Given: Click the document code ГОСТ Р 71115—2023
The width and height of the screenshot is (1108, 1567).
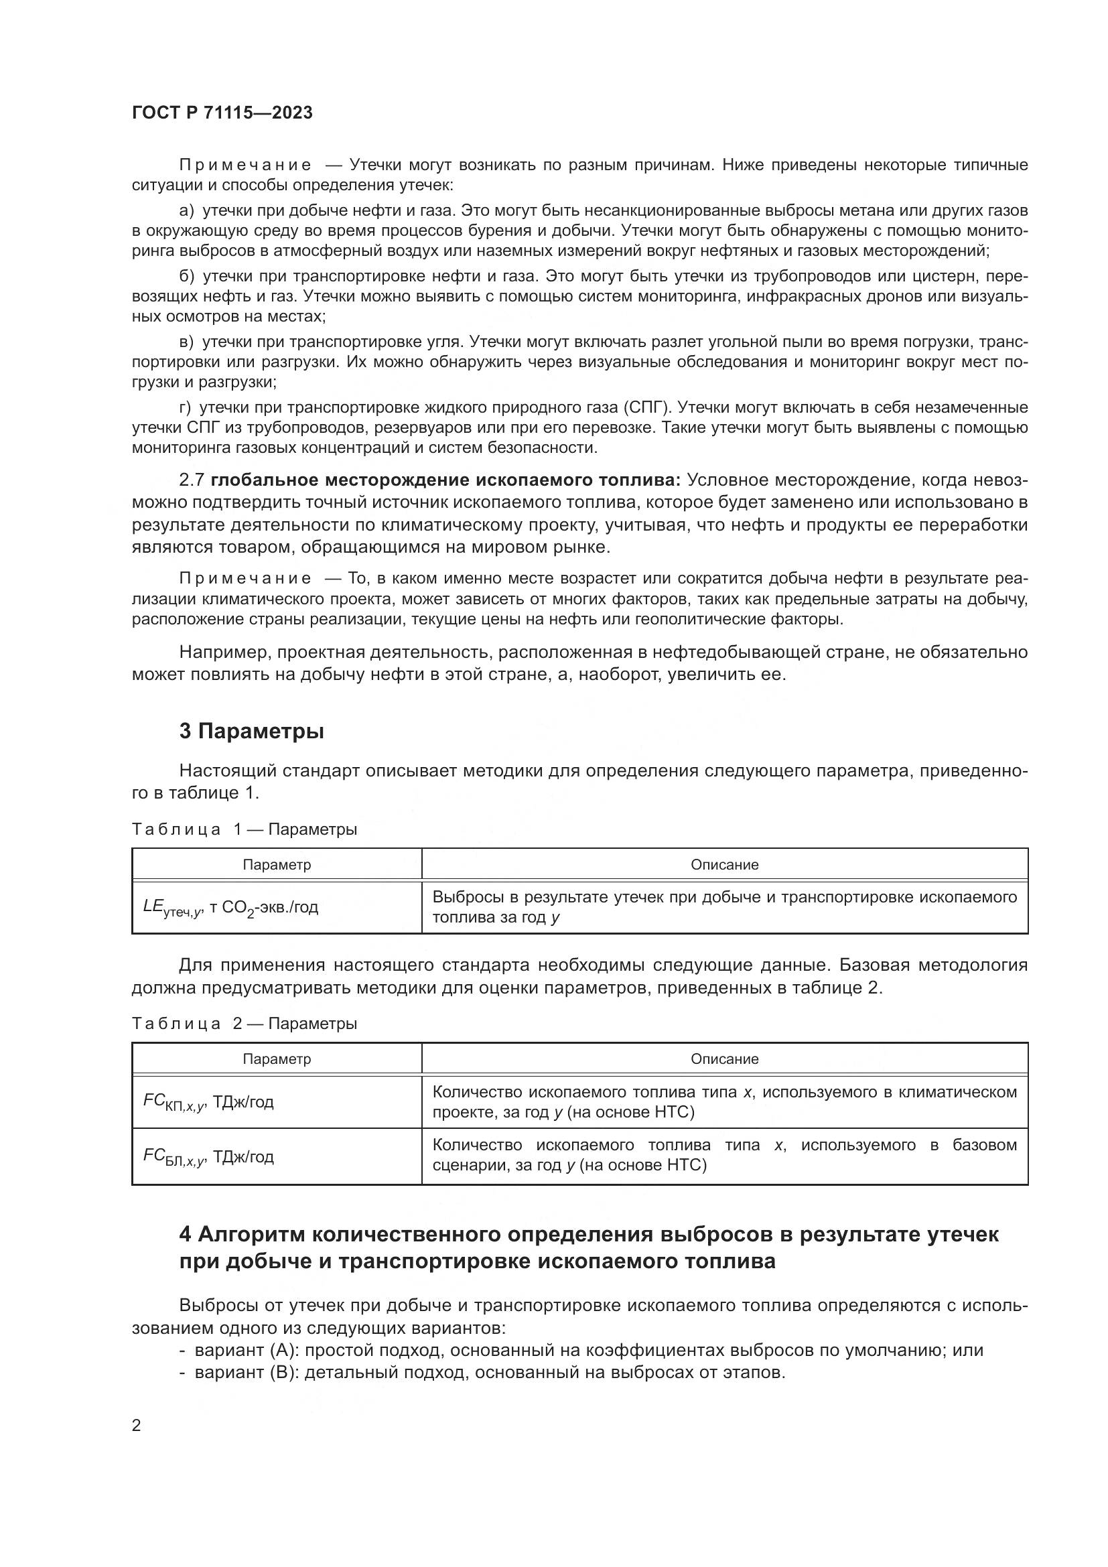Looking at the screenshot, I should coord(222,113).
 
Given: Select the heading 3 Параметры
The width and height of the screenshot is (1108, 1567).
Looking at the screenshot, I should coord(251,732).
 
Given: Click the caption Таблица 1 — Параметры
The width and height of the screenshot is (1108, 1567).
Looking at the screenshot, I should coord(245,829).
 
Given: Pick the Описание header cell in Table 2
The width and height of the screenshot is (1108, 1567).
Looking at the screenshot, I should coord(725,1059).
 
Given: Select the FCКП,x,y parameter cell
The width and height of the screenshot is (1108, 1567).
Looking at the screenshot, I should coord(208,1103).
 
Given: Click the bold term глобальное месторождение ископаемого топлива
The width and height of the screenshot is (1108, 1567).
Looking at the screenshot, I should coord(445,480).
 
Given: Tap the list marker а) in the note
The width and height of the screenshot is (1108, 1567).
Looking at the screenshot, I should coord(187,210).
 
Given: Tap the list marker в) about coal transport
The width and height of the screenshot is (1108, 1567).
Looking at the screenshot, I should coord(187,341).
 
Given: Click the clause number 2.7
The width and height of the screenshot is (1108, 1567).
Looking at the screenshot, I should coord(192,480).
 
